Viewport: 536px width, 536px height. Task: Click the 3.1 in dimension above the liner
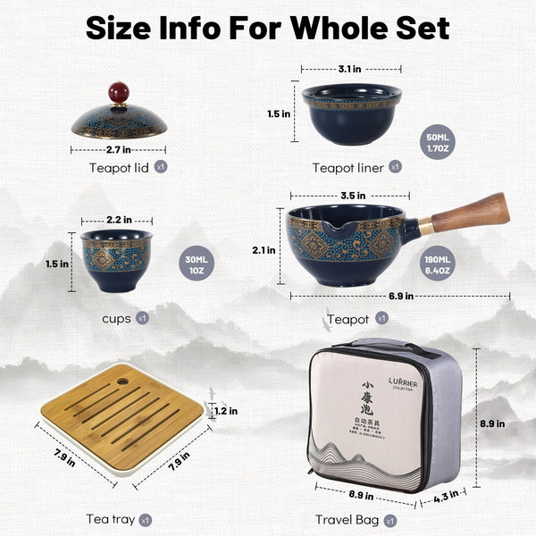[349, 68]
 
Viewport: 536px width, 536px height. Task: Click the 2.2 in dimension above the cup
[118, 219]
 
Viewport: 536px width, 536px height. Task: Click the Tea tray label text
[111, 519]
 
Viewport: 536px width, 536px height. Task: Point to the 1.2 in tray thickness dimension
[226, 411]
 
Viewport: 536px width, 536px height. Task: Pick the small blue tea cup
[117, 260]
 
